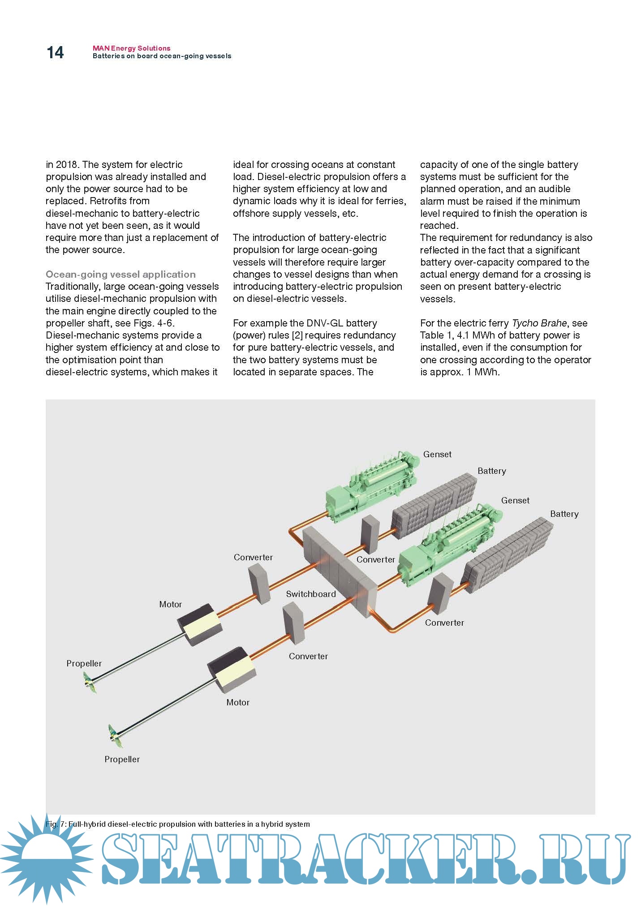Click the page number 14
click(x=55, y=53)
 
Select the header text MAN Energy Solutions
click(x=131, y=48)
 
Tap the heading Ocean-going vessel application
click(x=120, y=274)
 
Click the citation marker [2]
click(x=297, y=335)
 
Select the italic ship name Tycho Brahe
click(x=539, y=323)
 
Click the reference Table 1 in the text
click(x=436, y=335)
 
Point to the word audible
click(x=554, y=189)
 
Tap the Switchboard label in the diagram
click(x=311, y=594)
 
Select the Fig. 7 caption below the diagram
click(x=177, y=824)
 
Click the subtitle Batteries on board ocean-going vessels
click(x=162, y=56)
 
